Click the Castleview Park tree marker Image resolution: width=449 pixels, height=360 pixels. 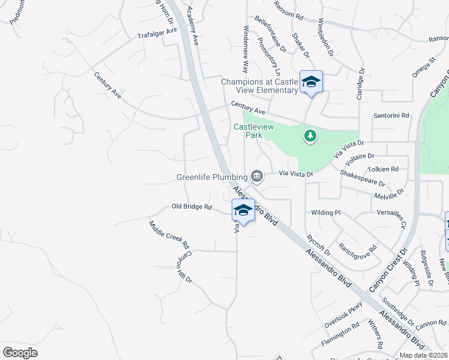click(310, 136)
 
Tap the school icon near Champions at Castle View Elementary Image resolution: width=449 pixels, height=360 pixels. click(311, 82)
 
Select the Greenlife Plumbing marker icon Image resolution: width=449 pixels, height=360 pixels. click(257, 176)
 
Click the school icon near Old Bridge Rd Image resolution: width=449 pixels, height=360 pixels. click(243, 210)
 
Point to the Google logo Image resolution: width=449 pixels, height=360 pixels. click(20, 353)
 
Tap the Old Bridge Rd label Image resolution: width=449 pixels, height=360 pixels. click(192, 206)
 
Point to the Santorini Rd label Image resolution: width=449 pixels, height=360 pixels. click(391, 115)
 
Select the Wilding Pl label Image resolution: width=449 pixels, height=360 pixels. click(325, 212)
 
